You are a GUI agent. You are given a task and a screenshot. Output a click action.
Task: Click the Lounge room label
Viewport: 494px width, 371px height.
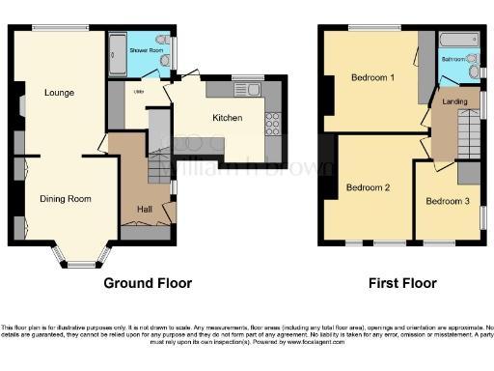[x=59, y=93]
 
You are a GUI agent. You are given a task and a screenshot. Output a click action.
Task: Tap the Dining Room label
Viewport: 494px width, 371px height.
[x=66, y=199]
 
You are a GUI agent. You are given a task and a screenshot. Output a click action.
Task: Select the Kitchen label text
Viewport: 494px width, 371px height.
[x=228, y=119]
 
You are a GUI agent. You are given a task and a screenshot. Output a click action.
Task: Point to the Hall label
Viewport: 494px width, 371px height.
[x=145, y=209]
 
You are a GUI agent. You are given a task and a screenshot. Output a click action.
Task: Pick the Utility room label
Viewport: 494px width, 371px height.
[x=138, y=92]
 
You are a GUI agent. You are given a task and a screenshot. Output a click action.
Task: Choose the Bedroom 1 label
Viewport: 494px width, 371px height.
[x=371, y=77]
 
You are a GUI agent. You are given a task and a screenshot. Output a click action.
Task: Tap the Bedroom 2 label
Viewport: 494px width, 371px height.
[x=368, y=187]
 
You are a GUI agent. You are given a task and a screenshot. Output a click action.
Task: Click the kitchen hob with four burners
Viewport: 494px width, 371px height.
[x=272, y=124]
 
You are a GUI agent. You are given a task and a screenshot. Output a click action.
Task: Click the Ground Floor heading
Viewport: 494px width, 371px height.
[x=147, y=284]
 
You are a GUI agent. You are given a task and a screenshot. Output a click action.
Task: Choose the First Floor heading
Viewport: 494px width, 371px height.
[x=401, y=284]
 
